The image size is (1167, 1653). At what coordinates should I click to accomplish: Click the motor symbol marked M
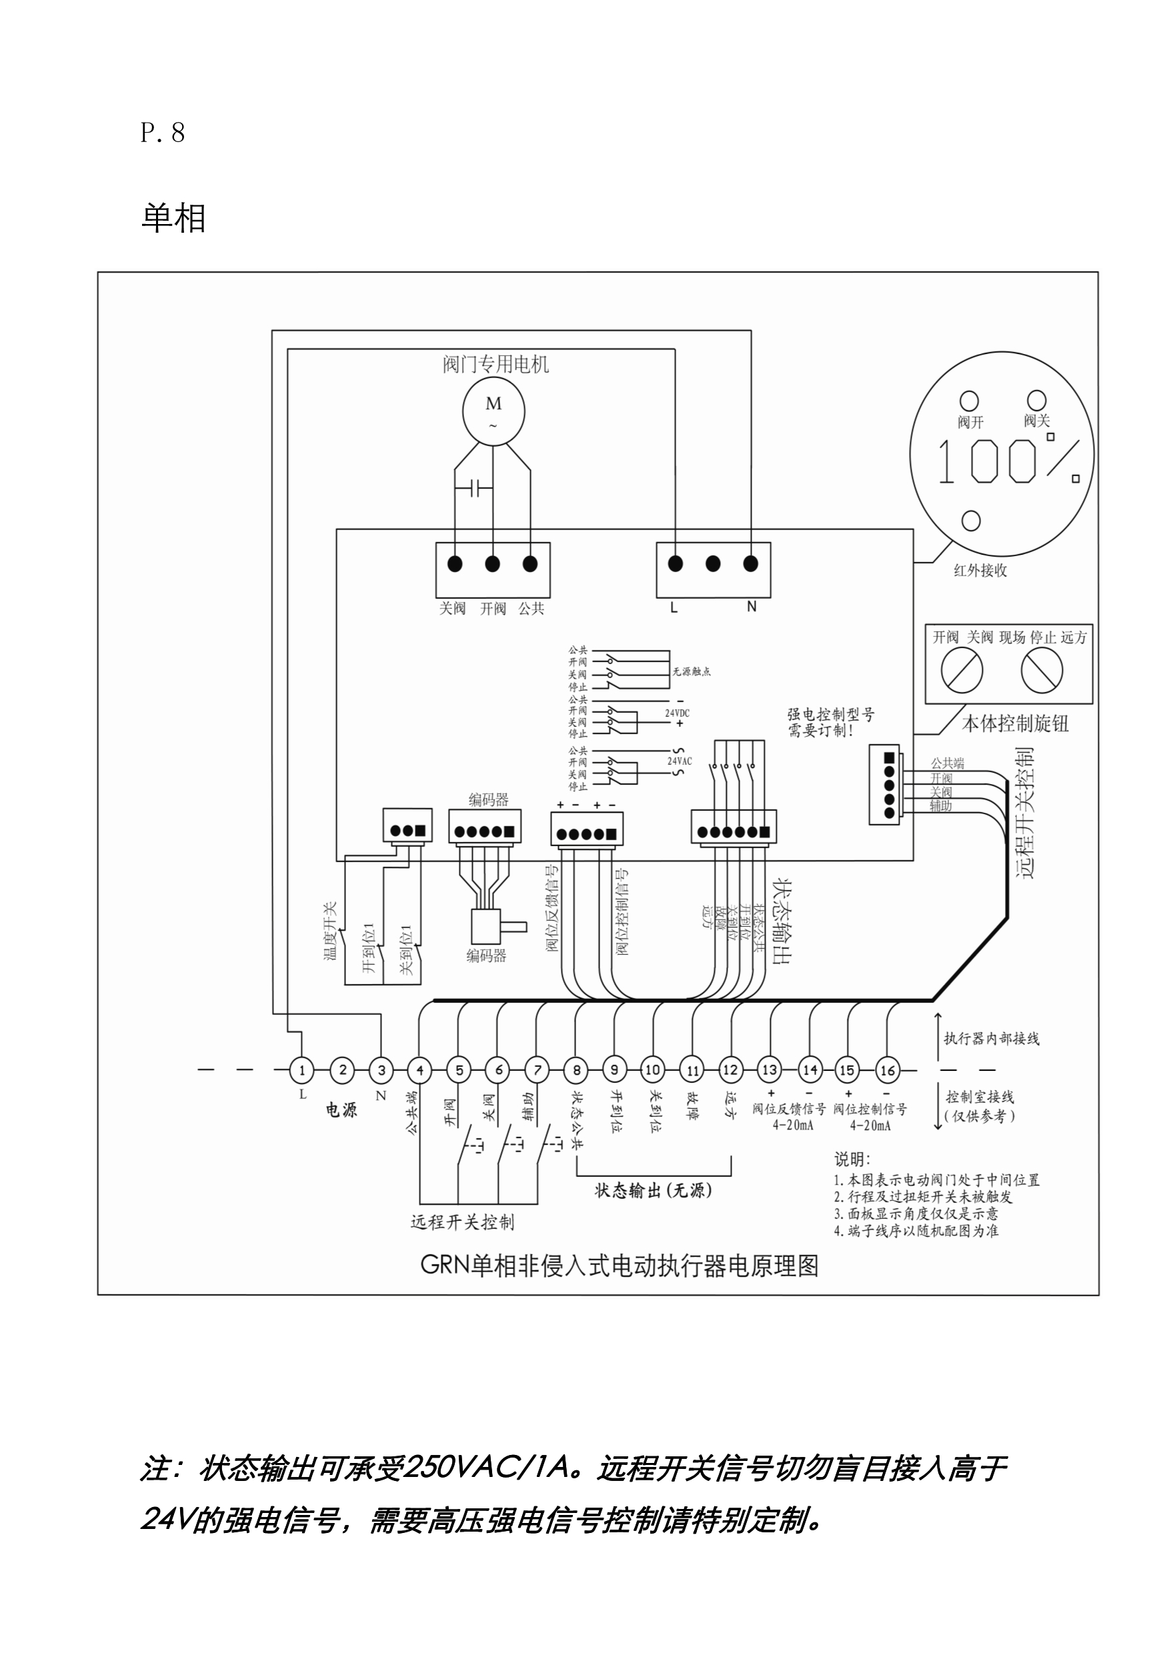click(493, 411)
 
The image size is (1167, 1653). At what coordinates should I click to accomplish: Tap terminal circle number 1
click(301, 1070)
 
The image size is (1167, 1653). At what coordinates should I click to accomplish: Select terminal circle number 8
click(576, 1070)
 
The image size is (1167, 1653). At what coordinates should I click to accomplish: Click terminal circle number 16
click(887, 1070)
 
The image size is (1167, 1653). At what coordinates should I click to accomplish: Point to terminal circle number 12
click(730, 1070)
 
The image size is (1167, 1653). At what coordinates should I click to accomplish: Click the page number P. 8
click(163, 133)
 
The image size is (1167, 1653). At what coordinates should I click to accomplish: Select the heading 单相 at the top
click(173, 217)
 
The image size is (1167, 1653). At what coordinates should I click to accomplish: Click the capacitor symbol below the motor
click(473, 489)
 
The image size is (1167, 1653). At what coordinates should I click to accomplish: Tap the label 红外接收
click(980, 570)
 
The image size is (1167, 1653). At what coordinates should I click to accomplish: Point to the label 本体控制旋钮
click(1015, 723)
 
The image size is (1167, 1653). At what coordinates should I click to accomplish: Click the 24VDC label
click(677, 713)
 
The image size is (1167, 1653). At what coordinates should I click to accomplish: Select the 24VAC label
click(679, 761)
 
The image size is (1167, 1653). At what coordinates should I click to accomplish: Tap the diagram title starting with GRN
click(619, 1265)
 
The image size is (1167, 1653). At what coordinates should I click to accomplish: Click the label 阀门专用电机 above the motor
click(495, 364)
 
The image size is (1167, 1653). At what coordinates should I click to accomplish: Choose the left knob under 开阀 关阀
click(962, 669)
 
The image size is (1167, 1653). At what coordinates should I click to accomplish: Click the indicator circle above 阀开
click(969, 400)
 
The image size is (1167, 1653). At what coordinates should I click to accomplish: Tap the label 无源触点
click(691, 671)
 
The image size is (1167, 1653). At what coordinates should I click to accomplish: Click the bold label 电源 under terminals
click(341, 1110)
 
